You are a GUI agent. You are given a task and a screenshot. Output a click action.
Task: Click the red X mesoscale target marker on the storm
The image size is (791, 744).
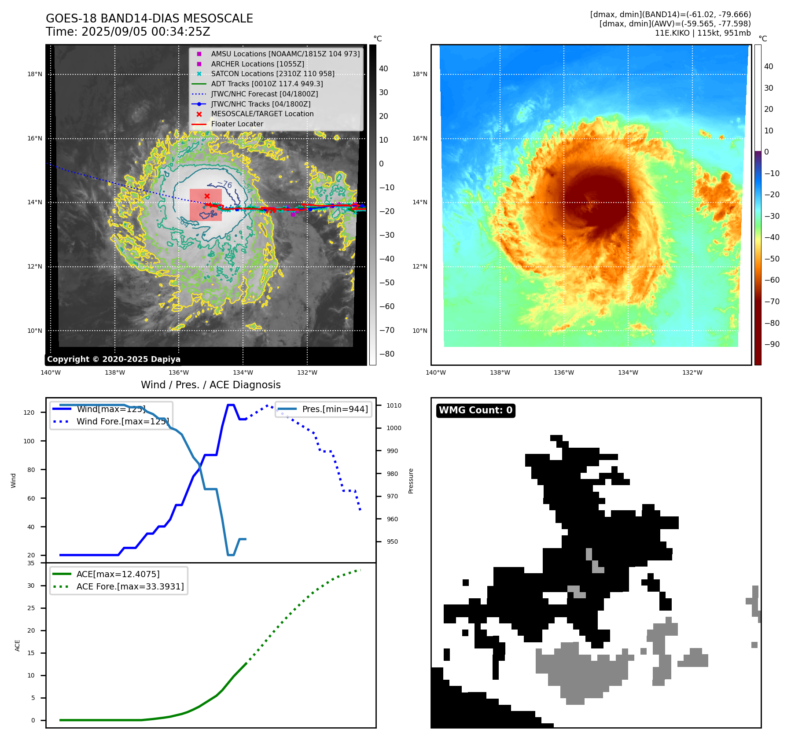(207, 196)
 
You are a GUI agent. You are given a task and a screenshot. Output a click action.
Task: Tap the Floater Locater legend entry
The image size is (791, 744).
(237, 124)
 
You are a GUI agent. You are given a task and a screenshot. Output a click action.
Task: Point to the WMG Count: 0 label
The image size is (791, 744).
(475, 410)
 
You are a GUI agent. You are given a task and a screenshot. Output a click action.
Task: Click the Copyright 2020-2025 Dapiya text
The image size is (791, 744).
(114, 359)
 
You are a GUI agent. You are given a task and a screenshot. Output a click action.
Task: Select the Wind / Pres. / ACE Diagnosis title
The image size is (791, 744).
(210, 385)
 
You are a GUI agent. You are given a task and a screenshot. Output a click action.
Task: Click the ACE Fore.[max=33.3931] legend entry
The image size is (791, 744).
(130, 586)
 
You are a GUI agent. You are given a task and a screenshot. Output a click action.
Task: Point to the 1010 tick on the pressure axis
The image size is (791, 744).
(394, 405)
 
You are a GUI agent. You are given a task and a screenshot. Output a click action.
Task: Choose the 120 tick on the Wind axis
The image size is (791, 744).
(29, 413)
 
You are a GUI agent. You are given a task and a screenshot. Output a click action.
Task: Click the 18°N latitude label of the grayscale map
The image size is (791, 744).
(35, 74)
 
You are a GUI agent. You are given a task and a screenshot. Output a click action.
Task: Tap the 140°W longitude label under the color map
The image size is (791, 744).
(436, 372)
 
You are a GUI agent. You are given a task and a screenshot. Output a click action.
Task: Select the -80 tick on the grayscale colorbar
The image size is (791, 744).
(387, 354)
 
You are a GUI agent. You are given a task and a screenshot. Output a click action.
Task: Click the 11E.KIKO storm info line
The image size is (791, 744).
(703, 33)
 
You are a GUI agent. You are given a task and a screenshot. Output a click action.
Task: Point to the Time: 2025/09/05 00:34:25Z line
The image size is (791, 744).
(128, 32)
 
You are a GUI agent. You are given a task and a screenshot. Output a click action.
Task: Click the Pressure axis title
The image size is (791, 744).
(411, 481)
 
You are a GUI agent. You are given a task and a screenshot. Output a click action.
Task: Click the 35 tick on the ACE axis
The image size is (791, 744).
(31, 563)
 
